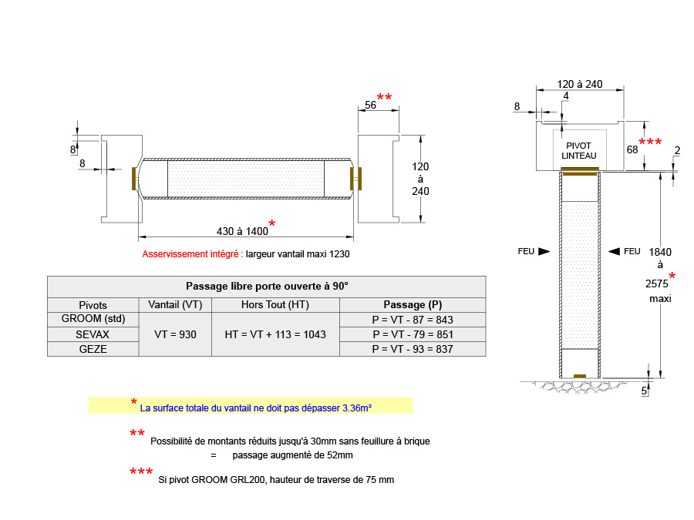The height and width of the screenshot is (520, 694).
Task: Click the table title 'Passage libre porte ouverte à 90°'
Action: pos(267,286)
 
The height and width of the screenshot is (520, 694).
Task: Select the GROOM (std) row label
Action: pos(93,319)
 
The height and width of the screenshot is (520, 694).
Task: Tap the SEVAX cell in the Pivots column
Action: pos(93,334)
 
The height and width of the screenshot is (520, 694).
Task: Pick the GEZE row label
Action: pos(93,349)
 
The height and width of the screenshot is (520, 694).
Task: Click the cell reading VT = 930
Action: pos(175,334)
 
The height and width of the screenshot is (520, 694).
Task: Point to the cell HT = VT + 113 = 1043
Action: pos(275,334)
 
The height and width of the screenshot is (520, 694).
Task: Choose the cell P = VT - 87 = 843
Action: pos(413,320)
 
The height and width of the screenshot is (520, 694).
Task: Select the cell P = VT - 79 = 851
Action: pos(413,334)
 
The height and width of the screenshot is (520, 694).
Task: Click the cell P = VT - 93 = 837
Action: pos(413,349)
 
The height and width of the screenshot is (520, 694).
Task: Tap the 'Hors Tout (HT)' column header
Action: pos(275,304)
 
